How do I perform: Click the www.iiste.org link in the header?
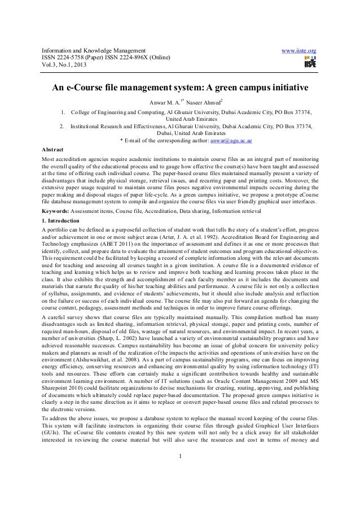pyautogui.click(x=297, y=52)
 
